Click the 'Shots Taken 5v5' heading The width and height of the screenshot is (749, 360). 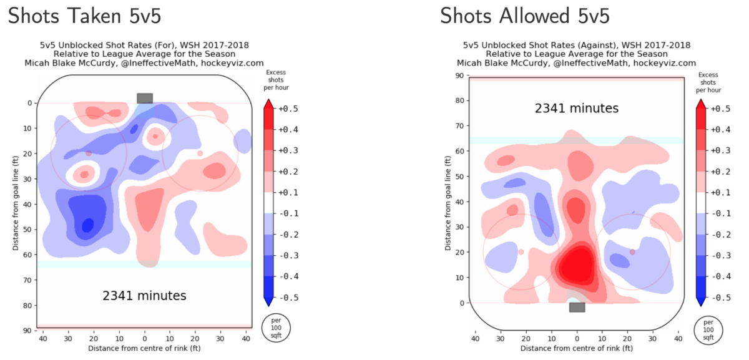[x=84, y=17]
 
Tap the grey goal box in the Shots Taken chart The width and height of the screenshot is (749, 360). [x=145, y=98]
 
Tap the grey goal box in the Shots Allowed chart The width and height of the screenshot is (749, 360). [x=577, y=307]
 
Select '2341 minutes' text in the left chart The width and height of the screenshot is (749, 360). [x=144, y=295]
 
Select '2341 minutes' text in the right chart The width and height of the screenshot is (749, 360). [x=577, y=108]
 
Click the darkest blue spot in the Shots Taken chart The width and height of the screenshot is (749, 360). [x=88, y=223]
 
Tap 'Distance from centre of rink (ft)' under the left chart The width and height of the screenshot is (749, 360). [x=144, y=348]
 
